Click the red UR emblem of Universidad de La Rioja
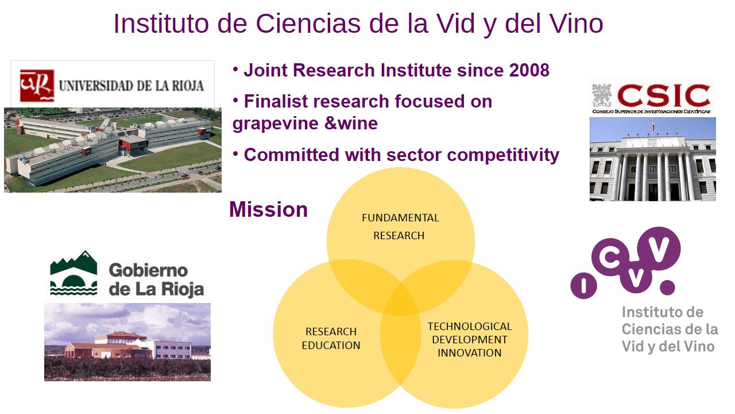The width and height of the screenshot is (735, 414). coord(37,86)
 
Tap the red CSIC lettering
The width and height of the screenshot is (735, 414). coord(663,95)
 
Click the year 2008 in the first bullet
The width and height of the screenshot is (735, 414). coord(529,70)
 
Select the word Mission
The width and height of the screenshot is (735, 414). coord(268,209)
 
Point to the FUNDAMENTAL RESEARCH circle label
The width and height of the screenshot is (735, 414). coord(400,227)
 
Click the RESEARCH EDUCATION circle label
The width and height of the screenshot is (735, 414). coord(331,339)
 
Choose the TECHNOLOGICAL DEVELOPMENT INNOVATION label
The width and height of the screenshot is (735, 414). coord(470,339)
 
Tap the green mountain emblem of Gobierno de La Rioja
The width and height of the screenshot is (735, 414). coord(73,273)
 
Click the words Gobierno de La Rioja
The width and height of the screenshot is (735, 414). coord(156,280)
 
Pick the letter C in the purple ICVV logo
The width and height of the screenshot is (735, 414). coord(610,257)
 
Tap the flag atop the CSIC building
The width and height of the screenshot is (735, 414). coord(653,125)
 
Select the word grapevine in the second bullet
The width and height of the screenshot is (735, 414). coord(275,124)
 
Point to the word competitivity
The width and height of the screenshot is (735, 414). coord(503,155)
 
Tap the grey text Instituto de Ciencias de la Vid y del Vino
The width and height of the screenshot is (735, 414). coord(670,329)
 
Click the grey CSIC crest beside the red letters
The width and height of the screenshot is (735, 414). coord(602,95)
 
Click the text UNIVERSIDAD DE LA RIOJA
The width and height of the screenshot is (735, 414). coord(131,86)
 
